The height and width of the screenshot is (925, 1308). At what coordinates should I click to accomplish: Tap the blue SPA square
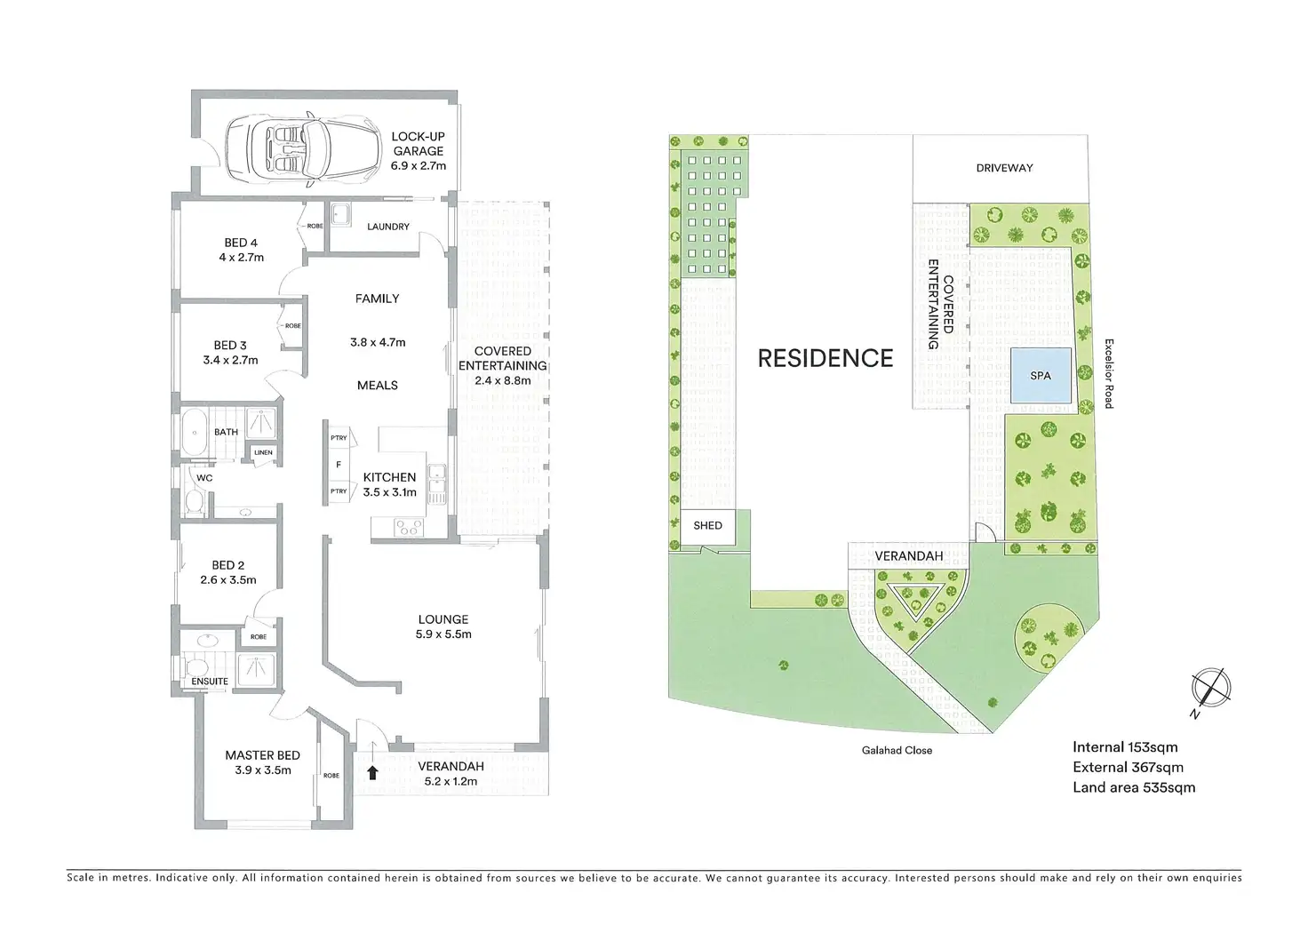tap(1040, 375)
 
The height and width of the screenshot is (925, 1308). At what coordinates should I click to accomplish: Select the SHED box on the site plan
tap(707, 525)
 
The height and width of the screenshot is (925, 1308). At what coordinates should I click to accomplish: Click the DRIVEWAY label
tap(1004, 168)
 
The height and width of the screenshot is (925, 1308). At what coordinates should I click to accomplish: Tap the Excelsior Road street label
tap(1108, 372)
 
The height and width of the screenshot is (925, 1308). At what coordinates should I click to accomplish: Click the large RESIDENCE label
tap(825, 358)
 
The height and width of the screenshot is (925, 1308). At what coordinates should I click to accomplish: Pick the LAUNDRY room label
tap(388, 227)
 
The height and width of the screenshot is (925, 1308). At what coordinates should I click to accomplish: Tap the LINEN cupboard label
tap(264, 452)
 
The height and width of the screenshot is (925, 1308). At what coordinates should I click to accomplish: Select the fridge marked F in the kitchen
tap(338, 465)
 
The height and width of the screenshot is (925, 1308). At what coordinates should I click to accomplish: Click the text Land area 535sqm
tap(1133, 787)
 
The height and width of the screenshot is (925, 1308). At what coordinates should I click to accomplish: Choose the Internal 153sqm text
tap(1124, 747)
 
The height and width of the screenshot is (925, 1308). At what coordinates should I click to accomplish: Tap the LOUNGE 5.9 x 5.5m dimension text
tap(443, 634)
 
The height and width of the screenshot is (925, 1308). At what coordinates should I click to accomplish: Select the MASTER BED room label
tap(262, 755)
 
